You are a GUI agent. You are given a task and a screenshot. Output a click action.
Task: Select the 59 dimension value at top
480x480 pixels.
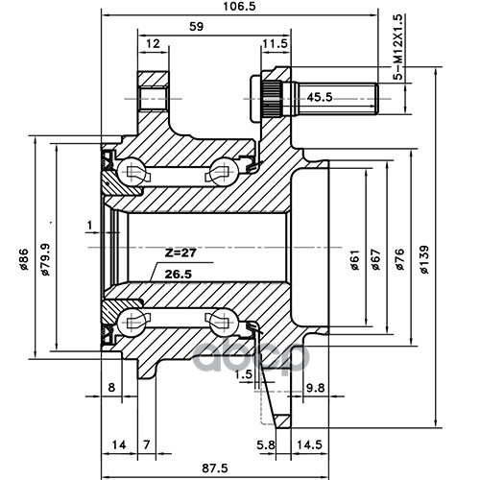click(x=197, y=27)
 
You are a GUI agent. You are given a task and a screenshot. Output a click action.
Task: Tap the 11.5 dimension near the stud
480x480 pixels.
click(x=276, y=43)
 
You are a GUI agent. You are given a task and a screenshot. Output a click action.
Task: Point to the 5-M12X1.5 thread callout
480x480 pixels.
click(x=398, y=47)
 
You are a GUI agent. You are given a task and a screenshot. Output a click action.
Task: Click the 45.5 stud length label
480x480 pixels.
click(x=320, y=97)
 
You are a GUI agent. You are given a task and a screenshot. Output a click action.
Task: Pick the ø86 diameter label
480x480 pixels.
click(x=24, y=259)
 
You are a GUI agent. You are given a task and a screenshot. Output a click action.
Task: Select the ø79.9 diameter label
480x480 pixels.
click(x=45, y=259)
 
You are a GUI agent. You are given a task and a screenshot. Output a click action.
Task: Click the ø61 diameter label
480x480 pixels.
click(x=355, y=259)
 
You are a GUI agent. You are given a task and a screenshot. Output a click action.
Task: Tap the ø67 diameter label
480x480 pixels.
click(x=376, y=259)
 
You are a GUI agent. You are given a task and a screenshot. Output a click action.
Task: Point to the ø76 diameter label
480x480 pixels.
click(x=400, y=259)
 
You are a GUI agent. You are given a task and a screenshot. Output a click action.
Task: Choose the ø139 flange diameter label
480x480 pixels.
click(x=424, y=259)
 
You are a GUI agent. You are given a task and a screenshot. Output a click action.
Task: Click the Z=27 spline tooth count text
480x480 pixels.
click(x=180, y=253)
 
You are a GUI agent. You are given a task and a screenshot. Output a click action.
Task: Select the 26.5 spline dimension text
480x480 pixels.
click(x=179, y=275)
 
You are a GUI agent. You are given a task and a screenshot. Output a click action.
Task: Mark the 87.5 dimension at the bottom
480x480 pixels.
click(x=215, y=468)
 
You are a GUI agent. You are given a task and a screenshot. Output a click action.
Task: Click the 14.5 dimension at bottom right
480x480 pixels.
click(x=309, y=444)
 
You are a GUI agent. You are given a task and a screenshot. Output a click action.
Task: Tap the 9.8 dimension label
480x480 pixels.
click(x=316, y=388)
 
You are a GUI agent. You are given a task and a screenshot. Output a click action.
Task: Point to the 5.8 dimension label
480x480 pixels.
click(x=266, y=444)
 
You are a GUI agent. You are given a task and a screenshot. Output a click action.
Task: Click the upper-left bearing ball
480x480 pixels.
click(x=132, y=172)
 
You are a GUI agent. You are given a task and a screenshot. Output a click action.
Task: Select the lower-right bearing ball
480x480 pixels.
click(x=224, y=323)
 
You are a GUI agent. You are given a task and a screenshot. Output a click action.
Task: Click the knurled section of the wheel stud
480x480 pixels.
click(x=272, y=98)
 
